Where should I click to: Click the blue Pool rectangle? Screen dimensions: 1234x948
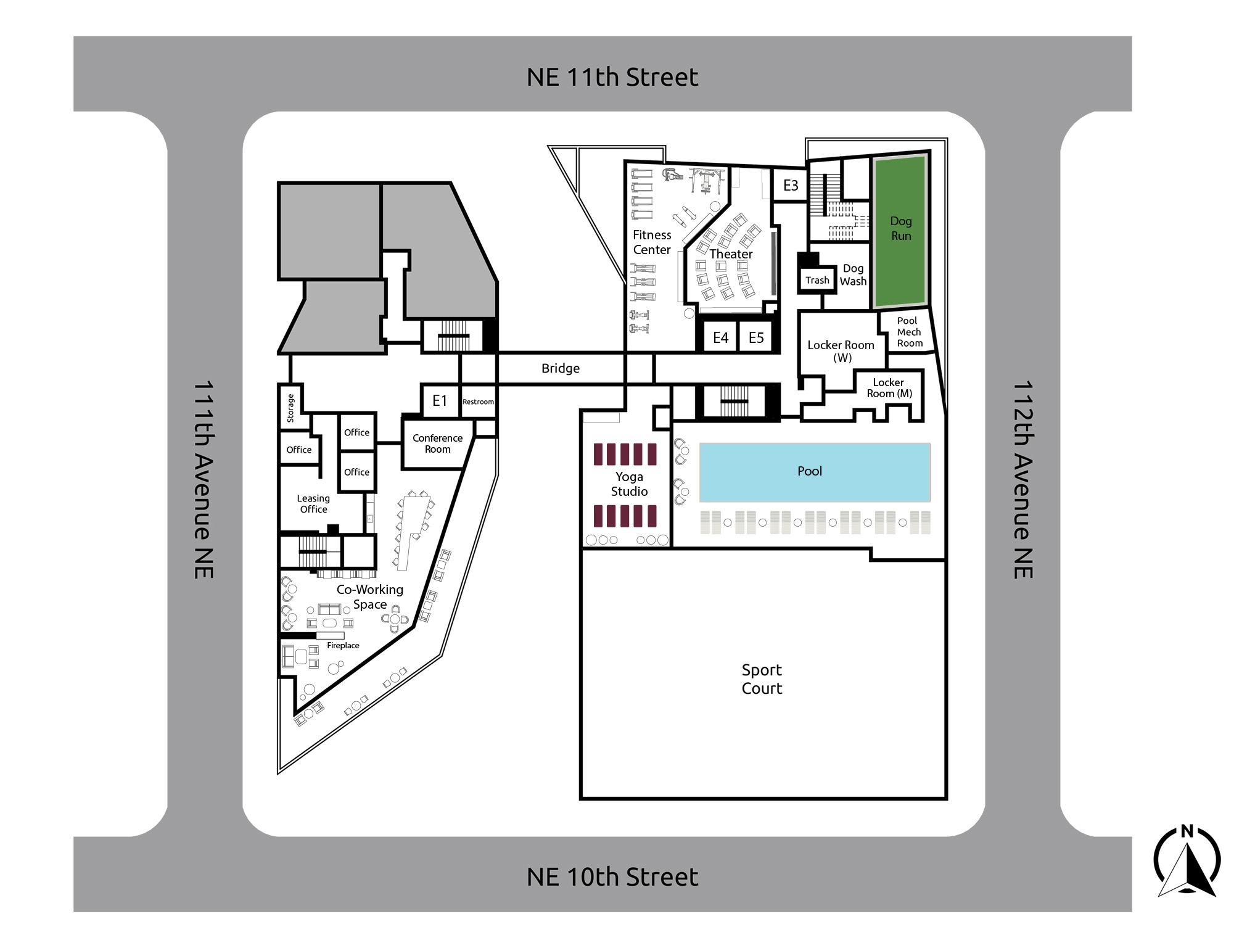pyautogui.click(x=815, y=472)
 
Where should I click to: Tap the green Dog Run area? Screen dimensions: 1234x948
pyautogui.click(x=901, y=231)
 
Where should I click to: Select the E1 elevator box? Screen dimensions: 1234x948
pyautogui.click(x=440, y=401)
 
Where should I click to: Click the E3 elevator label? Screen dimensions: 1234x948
pyautogui.click(x=791, y=185)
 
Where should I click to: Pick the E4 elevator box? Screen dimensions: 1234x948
pyautogui.click(x=720, y=337)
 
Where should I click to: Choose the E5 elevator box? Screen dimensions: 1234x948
pyautogui.click(x=756, y=337)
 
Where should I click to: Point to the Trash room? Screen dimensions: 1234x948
pyautogui.click(x=817, y=280)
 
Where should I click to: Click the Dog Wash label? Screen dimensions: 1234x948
pyautogui.click(x=853, y=274)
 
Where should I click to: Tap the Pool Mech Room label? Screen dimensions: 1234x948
pyautogui.click(x=909, y=332)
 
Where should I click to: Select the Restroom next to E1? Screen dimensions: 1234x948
pyautogui.click(x=478, y=402)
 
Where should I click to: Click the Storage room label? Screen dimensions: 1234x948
pyautogui.click(x=290, y=408)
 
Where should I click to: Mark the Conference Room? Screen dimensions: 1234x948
pyautogui.click(x=437, y=444)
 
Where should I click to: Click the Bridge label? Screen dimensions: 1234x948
pyautogui.click(x=561, y=368)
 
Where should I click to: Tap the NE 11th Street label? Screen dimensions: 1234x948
pyautogui.click(x=612, y=77)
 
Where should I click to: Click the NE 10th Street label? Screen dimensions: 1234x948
pyautogui.click(x=612, y=876)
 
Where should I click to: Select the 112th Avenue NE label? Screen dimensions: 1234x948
pyautogui.click(x=1023, y=479)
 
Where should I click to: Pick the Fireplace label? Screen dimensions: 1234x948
pyautogui.click(x=343, y=645)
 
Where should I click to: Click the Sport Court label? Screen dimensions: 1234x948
pyautogui.click(x=762, y=679)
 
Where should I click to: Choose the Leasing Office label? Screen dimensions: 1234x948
pyautogui.click(x=313, y=504)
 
